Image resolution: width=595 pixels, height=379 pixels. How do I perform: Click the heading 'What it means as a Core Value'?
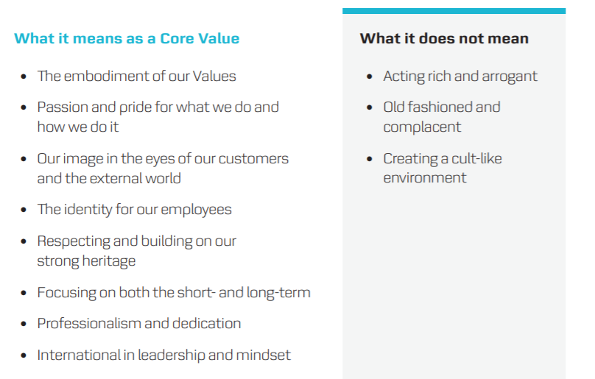(x=127, y=38)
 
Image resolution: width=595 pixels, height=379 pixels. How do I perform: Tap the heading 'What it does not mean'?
(x=444, y=38)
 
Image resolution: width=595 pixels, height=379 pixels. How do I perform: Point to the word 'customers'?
(x=253, y=158)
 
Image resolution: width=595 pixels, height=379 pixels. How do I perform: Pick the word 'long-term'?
(x=278, y=292)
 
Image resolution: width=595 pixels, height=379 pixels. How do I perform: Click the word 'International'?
(x=79, y=355)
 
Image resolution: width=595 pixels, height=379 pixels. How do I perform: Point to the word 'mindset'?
(x=263, y=355)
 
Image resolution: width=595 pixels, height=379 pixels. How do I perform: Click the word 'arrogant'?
(x=510, y=77)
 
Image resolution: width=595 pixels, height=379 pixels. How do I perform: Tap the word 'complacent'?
(x=422, y=127)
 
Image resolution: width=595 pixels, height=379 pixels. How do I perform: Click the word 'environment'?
(x=425, y=177)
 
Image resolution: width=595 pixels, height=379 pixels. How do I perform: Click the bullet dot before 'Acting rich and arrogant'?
(x=370, y=77)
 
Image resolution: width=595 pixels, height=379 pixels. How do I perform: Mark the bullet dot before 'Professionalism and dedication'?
(x=24, y=324)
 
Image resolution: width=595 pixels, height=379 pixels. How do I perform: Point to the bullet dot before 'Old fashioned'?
(x=370, y=107)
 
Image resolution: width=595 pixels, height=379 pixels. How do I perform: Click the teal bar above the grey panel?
(x=454, y=11)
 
